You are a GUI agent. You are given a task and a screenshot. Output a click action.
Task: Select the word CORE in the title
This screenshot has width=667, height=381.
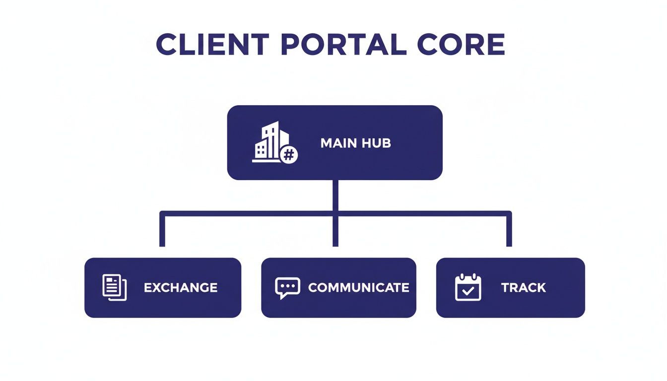pos(461,45)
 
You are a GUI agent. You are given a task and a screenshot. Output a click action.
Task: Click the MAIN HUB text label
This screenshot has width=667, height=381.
pos(355,143)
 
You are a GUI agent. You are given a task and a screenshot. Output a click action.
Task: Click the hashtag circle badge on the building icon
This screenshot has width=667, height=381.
pos(289,155)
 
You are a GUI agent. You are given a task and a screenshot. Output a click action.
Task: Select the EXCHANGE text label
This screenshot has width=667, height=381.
pos(181,288)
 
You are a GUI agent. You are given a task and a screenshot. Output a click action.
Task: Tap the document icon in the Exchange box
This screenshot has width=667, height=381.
pos(115,287)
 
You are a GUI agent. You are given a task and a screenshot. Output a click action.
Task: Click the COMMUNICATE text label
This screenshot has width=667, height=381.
pos(358,288)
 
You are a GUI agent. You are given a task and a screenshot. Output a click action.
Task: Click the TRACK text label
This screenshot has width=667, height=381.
pos(523,288)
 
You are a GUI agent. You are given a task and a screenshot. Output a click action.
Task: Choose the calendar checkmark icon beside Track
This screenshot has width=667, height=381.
pos(468,287)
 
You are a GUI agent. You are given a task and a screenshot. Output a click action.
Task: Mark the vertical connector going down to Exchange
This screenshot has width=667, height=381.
pos(162,231)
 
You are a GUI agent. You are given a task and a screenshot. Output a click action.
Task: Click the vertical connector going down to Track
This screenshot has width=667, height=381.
pos(509,231)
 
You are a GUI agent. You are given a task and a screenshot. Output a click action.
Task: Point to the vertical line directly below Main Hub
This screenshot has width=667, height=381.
pos(335,196)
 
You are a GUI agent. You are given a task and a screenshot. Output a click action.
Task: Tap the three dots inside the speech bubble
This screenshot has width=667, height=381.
pos(287,286)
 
